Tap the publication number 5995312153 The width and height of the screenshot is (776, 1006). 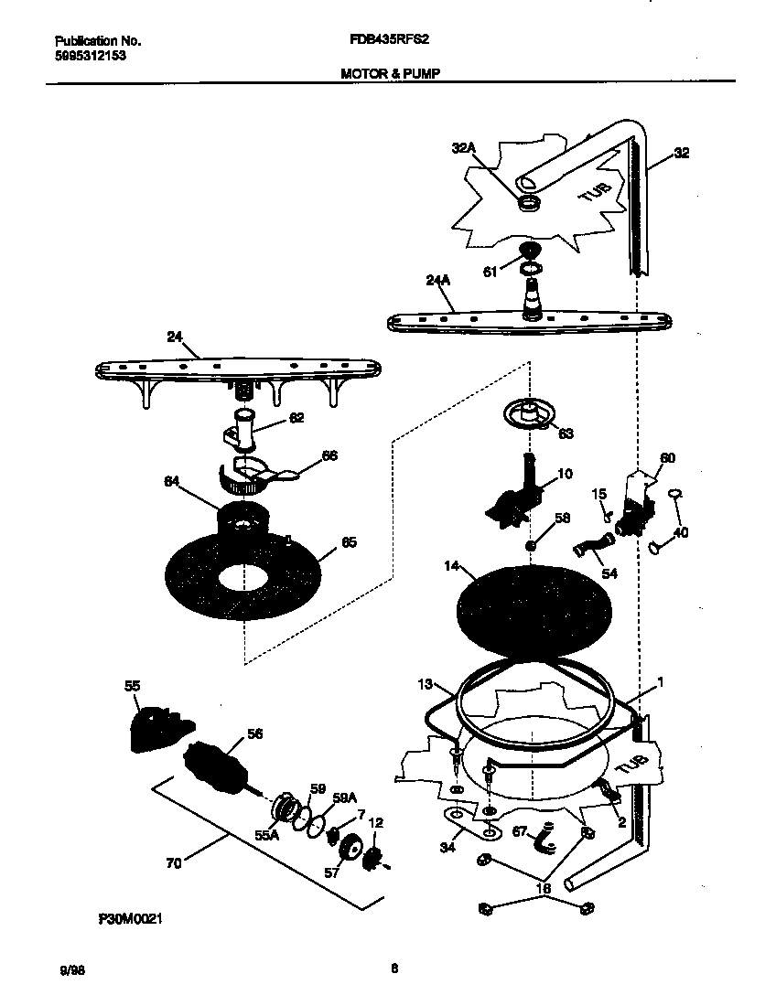(90, 55)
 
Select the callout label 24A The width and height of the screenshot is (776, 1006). (438, 281)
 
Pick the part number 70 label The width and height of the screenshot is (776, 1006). (173, 862)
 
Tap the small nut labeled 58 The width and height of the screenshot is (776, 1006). (530, 546)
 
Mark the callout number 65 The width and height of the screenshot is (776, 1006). (349, 542)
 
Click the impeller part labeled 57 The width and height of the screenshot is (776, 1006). (349, 852)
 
